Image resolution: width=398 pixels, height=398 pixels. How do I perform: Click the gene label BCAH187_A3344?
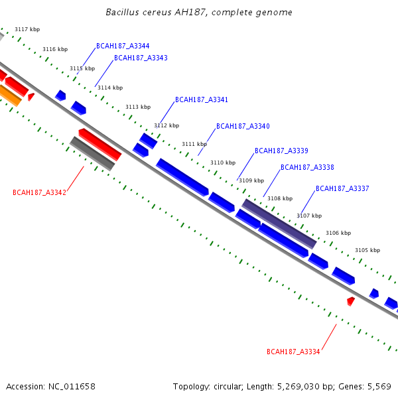pyautogui.click(x=123, y=46)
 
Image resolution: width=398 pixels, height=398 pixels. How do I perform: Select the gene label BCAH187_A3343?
pyautogui.click(x=141, y=58)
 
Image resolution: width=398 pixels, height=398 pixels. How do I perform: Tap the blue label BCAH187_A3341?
pyautogui.click(x=202, y=99)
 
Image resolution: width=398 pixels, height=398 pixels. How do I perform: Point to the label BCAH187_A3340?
pyautogui.click(x=243, y=126)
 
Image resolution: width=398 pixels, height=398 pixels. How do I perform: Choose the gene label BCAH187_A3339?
pyautogui.click(x=281, y=151)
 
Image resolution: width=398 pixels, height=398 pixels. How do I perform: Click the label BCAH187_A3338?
pyautogui.click(x=307, y=167)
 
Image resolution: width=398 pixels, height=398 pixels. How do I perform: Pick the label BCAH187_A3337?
pyautogui.click(x=342, y=188)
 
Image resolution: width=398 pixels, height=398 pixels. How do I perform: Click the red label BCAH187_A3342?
pyautogui.click(x=39, y=192)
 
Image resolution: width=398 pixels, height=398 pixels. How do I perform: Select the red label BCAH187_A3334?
pyautogui.click(x=293, y=352)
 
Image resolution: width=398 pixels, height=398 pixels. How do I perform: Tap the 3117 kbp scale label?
pyautogui.click(x=27, y=29)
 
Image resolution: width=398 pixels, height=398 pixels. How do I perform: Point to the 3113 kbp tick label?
pyautogui.click(x=138, y=107)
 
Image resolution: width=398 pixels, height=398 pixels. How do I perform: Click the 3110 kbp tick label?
pyautogui.click(x=223, y=163)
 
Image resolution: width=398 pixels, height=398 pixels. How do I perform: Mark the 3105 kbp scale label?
pyautogui.click(x=367, y=250)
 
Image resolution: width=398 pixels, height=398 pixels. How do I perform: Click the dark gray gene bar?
pyautogui.click(x=92, y=154)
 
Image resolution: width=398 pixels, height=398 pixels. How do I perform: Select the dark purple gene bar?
pyautogui.click(x=279, y=224)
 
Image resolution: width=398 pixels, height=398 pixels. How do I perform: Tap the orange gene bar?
pyautogui.click(x=10, y=96)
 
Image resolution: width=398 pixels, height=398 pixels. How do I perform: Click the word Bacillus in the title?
pyautogui.click(x=122, y=12)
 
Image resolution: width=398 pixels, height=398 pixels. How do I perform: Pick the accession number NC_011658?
pyautogui.click(x=72, y=387)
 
